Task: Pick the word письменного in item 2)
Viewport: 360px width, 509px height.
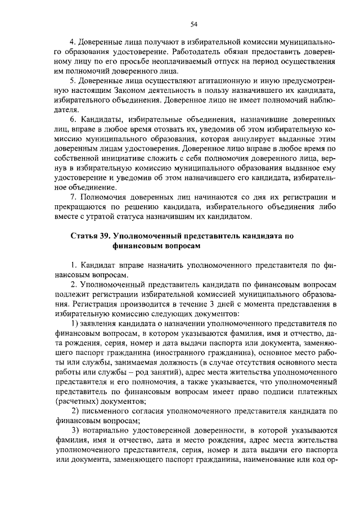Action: tap(104, 411)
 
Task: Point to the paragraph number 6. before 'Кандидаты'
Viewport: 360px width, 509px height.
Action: tap(73, 121)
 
